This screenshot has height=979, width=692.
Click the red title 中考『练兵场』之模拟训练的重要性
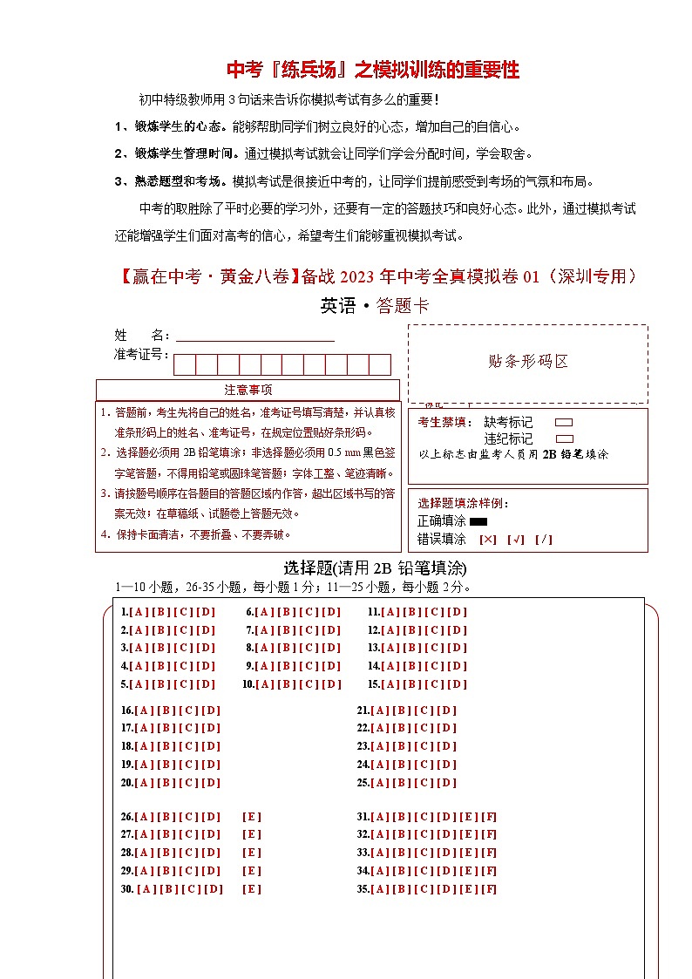coord(373,69)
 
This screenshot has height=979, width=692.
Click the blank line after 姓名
coord(255,336)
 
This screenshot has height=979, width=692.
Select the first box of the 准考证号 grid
coord(185,364)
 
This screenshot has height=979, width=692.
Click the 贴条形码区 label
coord(528,361)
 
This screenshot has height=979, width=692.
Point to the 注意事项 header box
coord(248,390)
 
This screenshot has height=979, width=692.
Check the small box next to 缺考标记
coord(564,422)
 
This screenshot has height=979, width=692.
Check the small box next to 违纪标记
coord(564,439)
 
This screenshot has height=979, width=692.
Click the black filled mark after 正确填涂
coord(478,521)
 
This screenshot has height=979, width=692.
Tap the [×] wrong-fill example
coord(488,539)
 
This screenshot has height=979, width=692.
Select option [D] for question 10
coord(331,684)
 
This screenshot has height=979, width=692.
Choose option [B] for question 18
coord(166,746)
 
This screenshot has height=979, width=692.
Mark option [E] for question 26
coord(252,817)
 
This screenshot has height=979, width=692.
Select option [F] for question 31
coord(489,817)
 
